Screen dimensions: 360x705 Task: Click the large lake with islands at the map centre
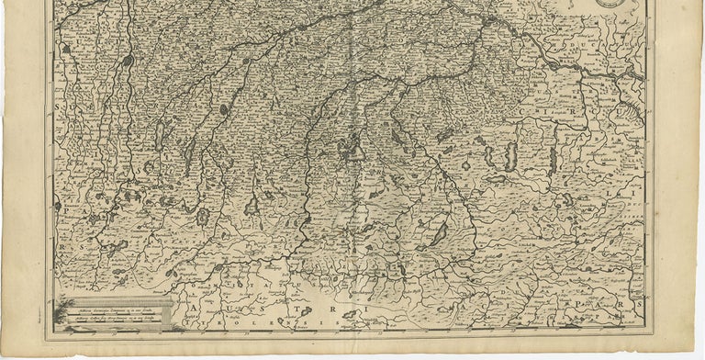[352, 146]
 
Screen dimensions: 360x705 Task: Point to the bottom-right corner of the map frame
[645, 328]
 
